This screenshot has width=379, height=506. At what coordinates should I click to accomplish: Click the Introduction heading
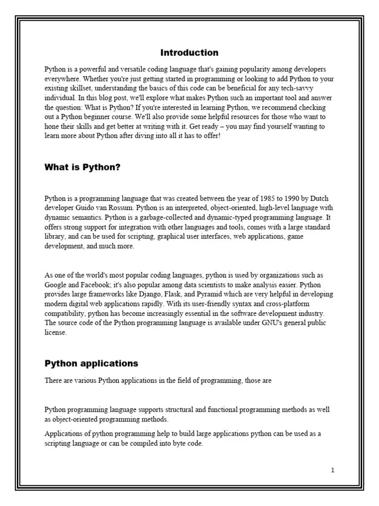click(189, 53)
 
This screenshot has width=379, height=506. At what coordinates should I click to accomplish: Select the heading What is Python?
click(82, 168)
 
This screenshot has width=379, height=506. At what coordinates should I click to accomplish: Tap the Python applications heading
click(91, 364)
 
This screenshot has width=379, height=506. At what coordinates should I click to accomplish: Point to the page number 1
click(333, 470)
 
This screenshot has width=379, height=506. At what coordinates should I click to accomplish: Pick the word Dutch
click(317, 199)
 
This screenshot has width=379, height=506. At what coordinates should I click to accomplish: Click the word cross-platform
click(259, 304)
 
